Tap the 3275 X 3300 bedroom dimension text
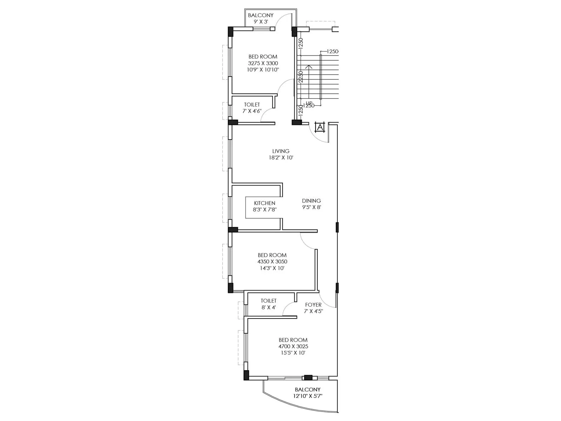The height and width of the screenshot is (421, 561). [263, 63]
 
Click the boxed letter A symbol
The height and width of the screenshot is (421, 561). [320, 127]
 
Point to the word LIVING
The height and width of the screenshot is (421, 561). [281, 151]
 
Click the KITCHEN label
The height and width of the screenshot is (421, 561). [265, 203]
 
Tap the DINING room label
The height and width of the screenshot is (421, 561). [311, 201]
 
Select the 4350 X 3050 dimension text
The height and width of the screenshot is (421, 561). [272, 262]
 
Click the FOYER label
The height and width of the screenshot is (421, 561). [313, 305]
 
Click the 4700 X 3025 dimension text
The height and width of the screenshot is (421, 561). [293, 346]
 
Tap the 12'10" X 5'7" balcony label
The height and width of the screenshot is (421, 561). [308, 396]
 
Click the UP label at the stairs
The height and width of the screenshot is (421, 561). [309, 103]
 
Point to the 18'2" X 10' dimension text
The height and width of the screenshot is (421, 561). [281, 158]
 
